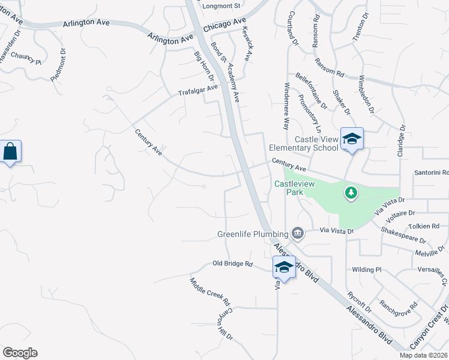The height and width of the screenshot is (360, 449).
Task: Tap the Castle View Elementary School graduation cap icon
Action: (x=352, y=140)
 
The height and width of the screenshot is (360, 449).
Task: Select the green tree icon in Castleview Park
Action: (x=351, y=193)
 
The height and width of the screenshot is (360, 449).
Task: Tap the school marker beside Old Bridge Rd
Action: (x=284, y=267)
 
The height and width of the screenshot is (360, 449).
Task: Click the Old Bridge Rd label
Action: (x=232, y=263)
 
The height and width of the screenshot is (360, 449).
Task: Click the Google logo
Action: (x=20, y=353)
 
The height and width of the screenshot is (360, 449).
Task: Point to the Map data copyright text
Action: (x=424, y=355)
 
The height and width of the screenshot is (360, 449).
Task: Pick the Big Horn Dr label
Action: (x=203, y=66)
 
